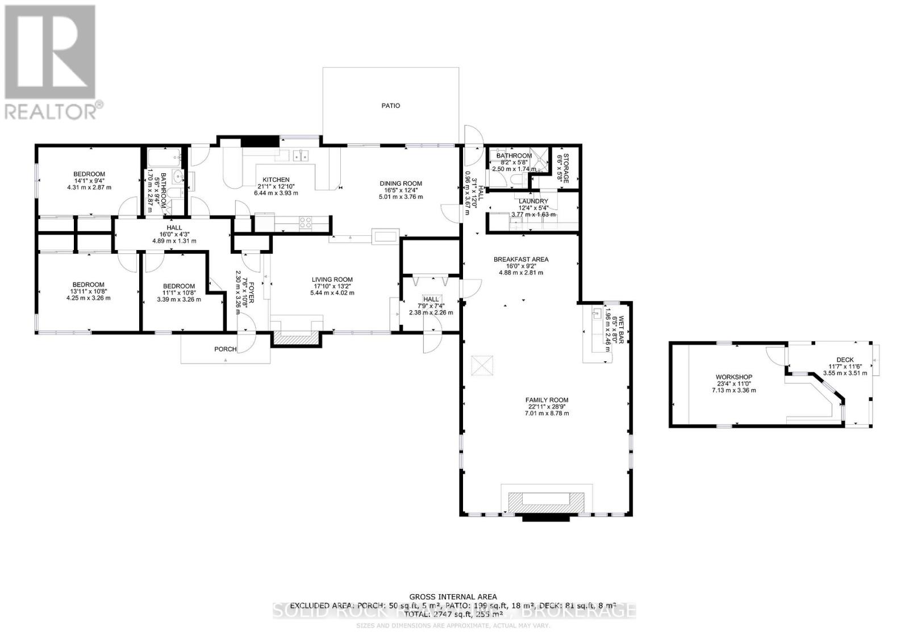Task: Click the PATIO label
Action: tap(390, 106)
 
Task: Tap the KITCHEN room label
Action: tap(276, 179)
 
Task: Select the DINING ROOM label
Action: tap(401, 183)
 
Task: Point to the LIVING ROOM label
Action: tap(332, 279)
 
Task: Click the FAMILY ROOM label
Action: tap(547, 400)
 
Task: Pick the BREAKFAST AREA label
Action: tap(520, 260)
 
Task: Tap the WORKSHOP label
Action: tap(733, 377)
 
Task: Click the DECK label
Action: tap(845, 360)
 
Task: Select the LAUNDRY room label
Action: tap(533, 201)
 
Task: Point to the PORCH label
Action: tap(225, 349)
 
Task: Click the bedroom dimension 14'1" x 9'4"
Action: tap(89, 181)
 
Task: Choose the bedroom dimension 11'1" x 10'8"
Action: tap(178, 293)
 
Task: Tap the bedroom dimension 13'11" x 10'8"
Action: tap(88, 291)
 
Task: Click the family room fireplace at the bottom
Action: tap(546, 500)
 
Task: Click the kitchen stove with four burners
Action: tap(305, 223)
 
